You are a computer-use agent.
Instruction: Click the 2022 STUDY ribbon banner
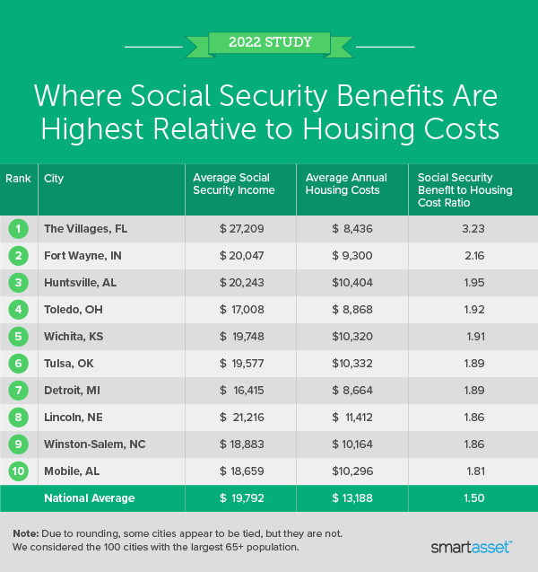pyautogui.click(x=270, y=41)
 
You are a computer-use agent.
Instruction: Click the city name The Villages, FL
pyautogui.click(x=85, y=229)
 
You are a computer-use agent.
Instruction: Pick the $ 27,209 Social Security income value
pyautogui.click(x=241, y=229)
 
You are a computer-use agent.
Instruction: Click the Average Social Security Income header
pyautogui.click(x=232, y=184)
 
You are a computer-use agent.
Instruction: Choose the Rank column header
pyautogui.click(x=18, y=178)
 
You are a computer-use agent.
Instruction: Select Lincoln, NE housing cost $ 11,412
pyautogui.click(x=352, y=418)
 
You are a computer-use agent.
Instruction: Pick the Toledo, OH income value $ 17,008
pyautogui.click(x=241, y=310)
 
